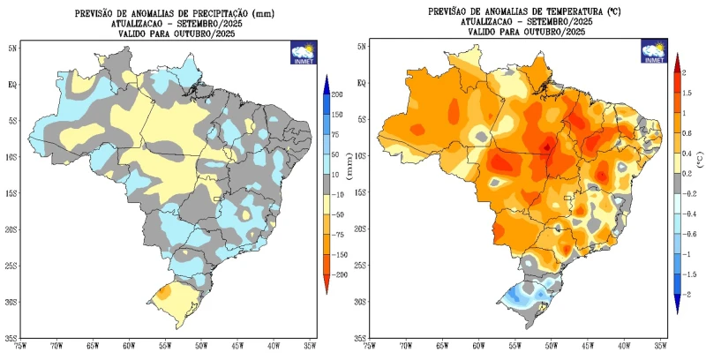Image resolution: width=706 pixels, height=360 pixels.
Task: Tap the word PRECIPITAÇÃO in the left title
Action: [199, 14]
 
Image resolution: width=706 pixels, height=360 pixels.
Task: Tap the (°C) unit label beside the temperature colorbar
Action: [700, 161]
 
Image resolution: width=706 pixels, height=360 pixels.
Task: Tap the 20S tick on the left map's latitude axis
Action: [11, 229]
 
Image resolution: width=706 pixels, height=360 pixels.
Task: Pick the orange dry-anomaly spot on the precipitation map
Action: [164, 291]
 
